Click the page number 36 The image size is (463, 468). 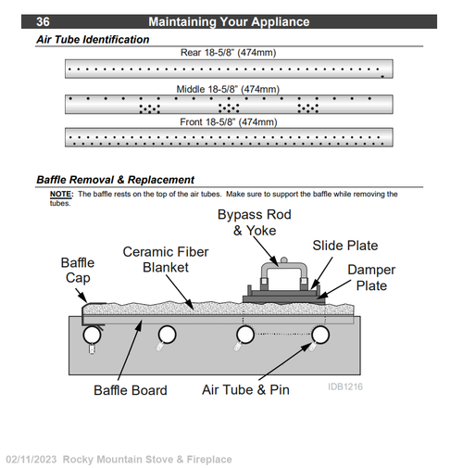coord(43,21)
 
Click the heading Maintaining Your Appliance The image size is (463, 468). coord(229,22)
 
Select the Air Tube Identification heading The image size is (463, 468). coord(93,40)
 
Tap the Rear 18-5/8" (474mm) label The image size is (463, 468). coord(228,53)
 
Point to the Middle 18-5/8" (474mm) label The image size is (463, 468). coord(228,89)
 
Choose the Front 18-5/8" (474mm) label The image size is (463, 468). coord(229,122)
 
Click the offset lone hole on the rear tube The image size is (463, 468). coord(382,76)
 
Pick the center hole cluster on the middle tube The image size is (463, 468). coord(229,108)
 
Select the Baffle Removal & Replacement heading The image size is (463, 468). coord(116,180)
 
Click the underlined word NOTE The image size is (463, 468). coord(61,194)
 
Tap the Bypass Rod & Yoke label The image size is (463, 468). coord(255,222)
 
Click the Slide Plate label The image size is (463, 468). coord(345,246)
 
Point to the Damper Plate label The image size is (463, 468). coord(371,277)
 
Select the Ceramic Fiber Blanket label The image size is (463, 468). coord(166,259)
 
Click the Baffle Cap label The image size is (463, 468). coord(78,271)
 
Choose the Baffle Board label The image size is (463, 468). coord(131,390)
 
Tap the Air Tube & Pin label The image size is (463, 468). coord(245,390)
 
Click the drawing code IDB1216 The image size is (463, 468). coord(345,386)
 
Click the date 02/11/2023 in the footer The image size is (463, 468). coord(31,460)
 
